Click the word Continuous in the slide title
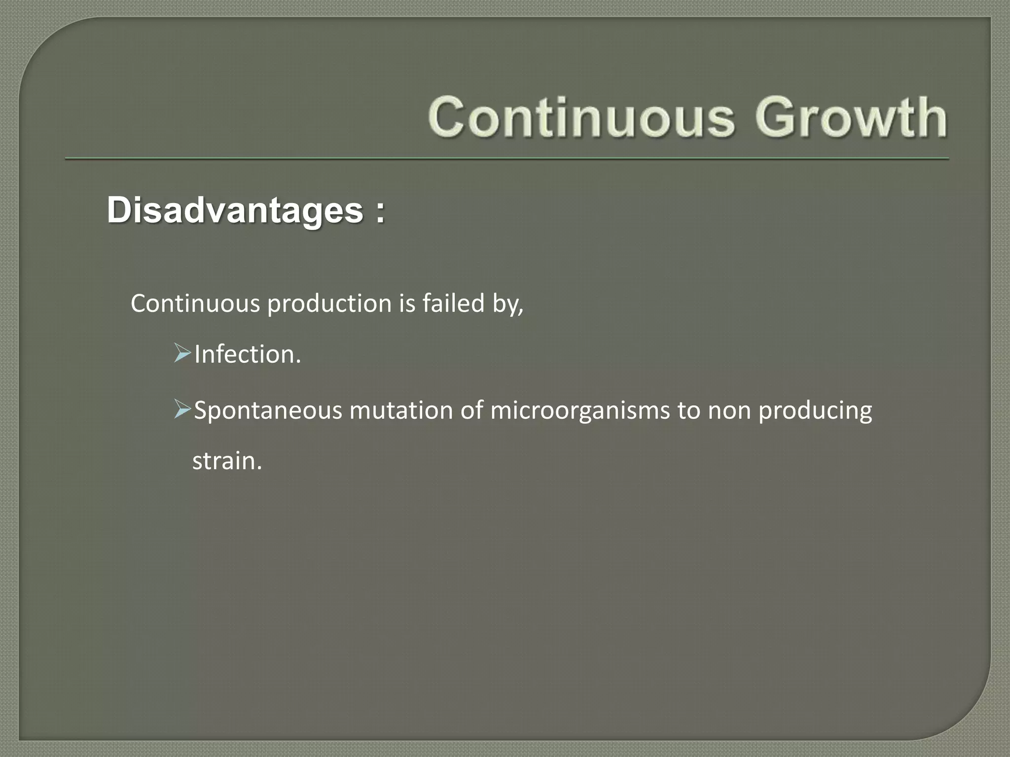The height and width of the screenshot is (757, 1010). point(582,117)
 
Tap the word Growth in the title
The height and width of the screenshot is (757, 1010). point(851,117)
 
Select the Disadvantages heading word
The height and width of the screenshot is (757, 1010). point(235,210)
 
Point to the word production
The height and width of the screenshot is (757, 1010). point(329,304)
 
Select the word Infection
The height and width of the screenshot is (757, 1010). point(247,354)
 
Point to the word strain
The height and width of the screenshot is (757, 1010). point(226,461)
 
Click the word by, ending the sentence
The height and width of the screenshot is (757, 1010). point(508,304)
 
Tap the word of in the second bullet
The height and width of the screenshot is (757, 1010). point(471,410)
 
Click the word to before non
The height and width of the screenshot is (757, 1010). point(688,411)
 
